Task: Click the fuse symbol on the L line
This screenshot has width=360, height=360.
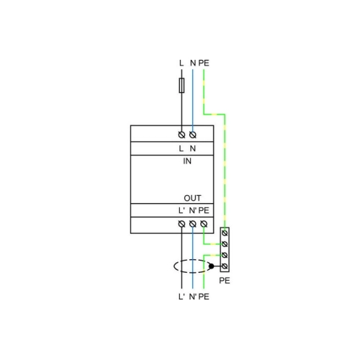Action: (x=181, y=85)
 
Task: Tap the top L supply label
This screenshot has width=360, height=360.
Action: (x=181, y=63)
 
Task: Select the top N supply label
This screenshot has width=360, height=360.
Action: (x=193, y=63)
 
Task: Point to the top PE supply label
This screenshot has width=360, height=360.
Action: (x=204, y=63)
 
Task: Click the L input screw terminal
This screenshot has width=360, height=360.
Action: (x=181, y=135)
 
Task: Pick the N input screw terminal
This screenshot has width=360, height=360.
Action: (x=193, y=135)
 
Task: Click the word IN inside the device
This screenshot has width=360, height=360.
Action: (x=187, y=161)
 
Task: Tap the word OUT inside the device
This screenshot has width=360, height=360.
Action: (x=192, y=198)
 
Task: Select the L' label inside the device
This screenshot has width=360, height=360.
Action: (x=181, y=210)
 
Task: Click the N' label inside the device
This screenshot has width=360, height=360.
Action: (x=193, y=210)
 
